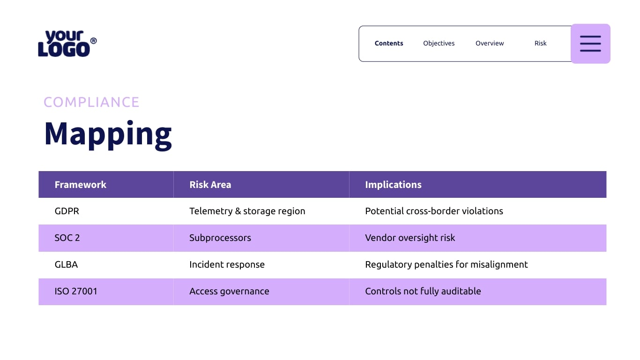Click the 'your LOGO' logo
point(67,44)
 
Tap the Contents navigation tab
point(389,43)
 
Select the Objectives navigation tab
point(439,43)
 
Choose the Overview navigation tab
point(490,43)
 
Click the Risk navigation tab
point(540,43)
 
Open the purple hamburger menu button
point(590,44)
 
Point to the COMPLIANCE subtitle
point(91,102)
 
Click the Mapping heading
point(108,134)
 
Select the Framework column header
point(81,185)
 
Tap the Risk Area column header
point(210,185)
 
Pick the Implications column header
point(393,185)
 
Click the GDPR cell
point(67,211)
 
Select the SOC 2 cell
point(67,238)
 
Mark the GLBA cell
point(66,264)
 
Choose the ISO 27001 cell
point(76,291)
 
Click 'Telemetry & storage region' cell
point(247,211)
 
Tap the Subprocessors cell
point(220,238)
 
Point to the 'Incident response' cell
point(227,264)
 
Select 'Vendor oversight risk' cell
point(410,238)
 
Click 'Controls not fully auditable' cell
point(423,291)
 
